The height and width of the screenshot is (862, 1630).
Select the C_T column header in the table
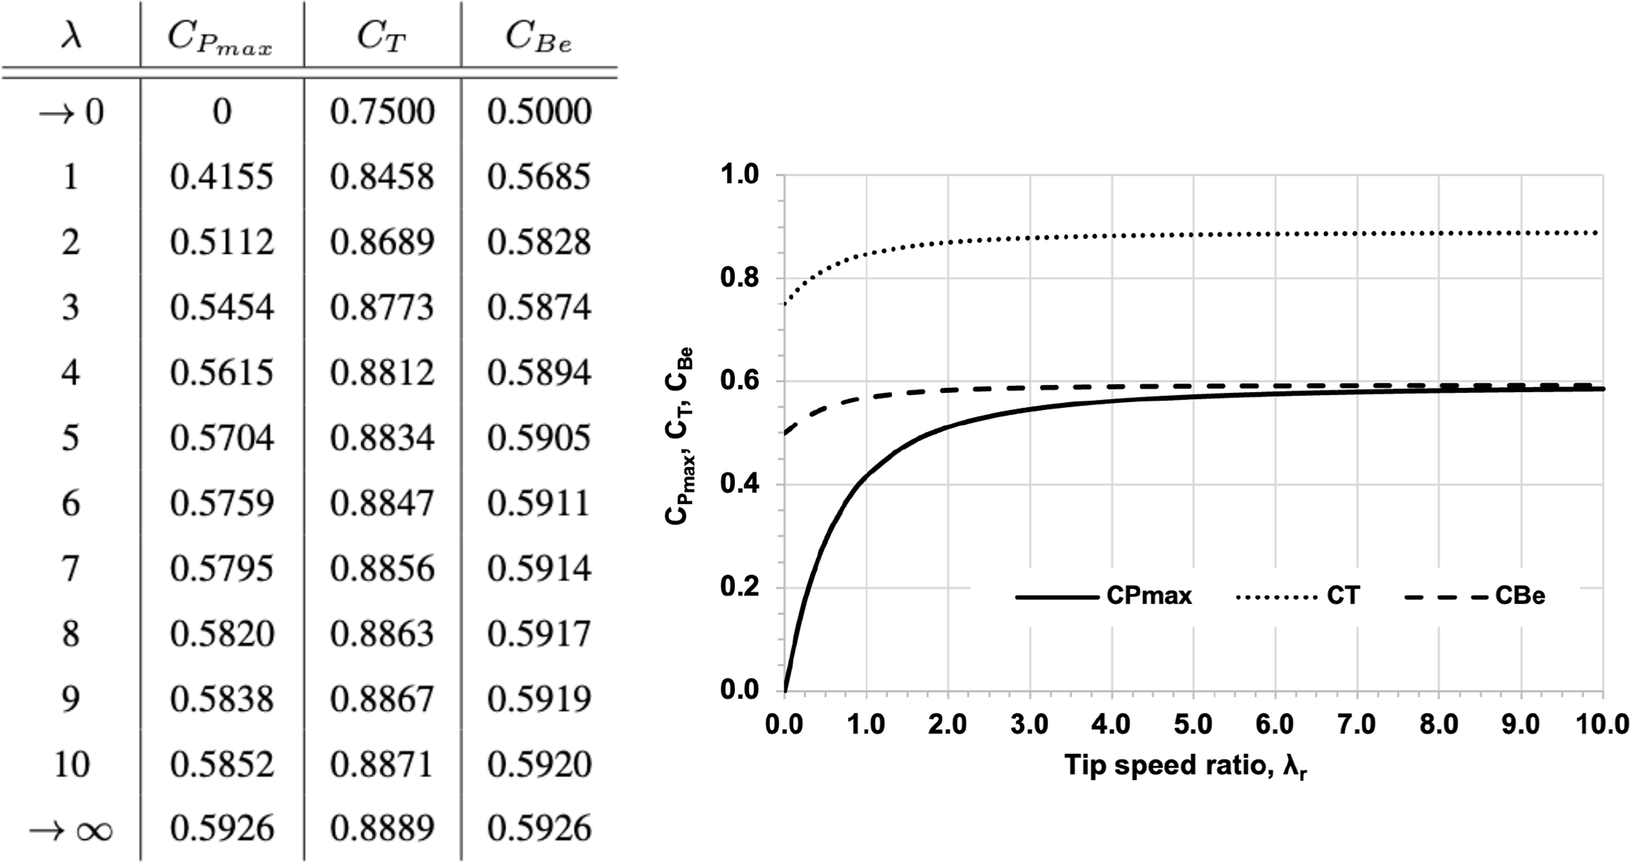[x=382, y=38]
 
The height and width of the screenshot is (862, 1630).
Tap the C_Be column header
[x=539, y=38]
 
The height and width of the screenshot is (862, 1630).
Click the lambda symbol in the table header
[x=71, y=35]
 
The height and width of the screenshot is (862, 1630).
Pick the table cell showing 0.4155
[x=222, y=177]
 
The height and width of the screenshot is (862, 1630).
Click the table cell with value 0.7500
[x=382, y=111]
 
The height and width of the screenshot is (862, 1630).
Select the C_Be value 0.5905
[x=539, y=438]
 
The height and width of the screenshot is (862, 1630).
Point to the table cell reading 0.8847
[x=382, y=503]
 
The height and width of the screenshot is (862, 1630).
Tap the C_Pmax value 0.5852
[x=222, y=764]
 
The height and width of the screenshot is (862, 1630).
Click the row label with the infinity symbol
[x=71, y=830]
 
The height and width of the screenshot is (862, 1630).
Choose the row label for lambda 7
[x=71, y=569]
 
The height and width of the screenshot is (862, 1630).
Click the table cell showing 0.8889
[x=382, y=829]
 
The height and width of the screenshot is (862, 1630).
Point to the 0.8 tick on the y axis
[x=739, y=278]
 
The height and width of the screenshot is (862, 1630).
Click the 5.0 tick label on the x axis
[x=1193, y=724]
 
